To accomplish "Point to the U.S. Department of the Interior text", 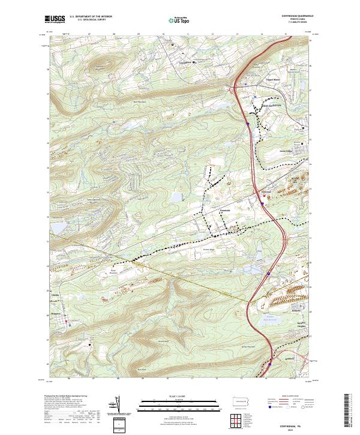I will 86,17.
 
